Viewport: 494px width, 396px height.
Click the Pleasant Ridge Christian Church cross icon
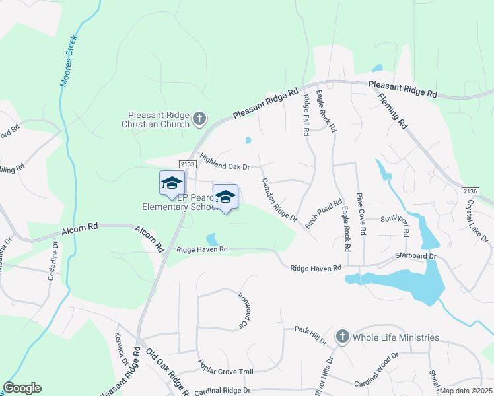coord(199,119)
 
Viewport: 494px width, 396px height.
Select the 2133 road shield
coord(188,163)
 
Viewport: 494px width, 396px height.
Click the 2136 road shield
coord(470,191)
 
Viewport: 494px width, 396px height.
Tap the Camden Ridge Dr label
coord(279,199)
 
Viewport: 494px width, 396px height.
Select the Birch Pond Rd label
coord(324,214)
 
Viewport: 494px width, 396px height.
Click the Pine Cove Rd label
coord(361,214)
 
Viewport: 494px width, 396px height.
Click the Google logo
coord(22,388)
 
